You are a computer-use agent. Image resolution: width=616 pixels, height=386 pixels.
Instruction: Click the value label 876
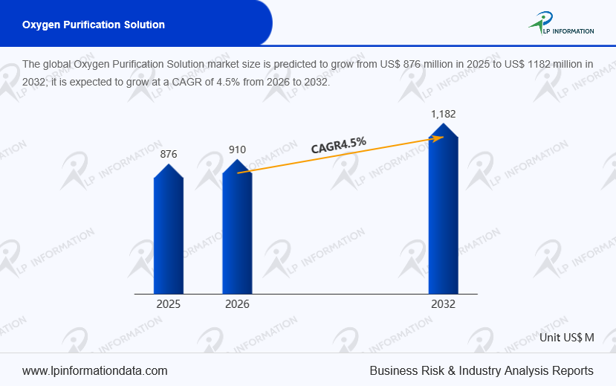[x=169, y=154]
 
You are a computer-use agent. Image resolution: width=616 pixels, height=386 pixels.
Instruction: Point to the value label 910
[x=237, y=149]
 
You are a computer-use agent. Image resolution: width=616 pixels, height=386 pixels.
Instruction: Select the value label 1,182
[x=444, y=114]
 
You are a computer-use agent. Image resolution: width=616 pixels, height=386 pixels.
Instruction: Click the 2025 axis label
[x=168, y=304]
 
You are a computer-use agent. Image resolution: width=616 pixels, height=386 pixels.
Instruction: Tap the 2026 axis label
[x=237, y=304]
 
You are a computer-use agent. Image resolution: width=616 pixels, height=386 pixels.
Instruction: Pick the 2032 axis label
[x=443, y=304]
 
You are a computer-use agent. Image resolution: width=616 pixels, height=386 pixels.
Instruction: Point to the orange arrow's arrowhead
[x=449, y=138]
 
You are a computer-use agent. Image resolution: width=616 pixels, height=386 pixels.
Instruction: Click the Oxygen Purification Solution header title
[x=94, y=25]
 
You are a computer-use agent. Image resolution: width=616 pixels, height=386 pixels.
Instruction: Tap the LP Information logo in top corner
[x=562, y=24]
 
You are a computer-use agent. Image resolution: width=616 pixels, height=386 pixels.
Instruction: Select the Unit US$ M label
[x=567, y=337]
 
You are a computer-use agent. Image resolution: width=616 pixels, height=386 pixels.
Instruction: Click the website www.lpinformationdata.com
[x=94, y=370]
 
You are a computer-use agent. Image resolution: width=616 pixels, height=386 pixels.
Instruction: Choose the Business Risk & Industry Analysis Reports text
[x=482, y=370]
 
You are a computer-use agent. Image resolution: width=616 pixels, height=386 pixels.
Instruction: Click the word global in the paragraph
[x=57, y=64]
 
